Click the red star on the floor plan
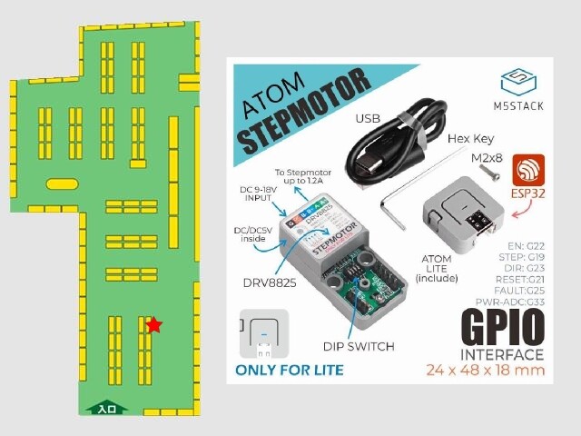[154, 324]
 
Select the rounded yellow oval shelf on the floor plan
[62, 183]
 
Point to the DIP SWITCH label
[359, 346]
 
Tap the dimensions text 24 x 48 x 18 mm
[487, 371]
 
